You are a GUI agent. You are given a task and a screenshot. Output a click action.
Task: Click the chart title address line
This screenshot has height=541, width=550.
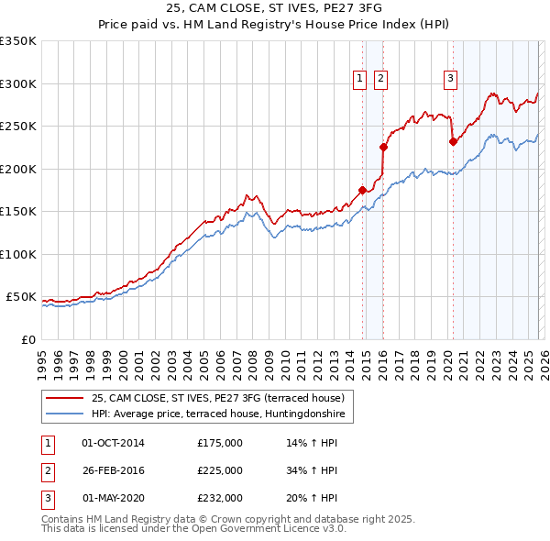tap(275, 7)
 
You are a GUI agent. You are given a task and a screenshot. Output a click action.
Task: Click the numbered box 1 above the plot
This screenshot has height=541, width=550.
tap(359, 80)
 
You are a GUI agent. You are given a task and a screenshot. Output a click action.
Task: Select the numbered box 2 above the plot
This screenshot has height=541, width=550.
tap(379, 80)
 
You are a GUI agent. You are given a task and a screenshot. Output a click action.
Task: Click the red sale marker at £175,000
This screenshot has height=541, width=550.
tap(362, 190)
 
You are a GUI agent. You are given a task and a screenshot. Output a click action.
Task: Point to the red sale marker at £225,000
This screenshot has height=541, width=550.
tap(384, 147)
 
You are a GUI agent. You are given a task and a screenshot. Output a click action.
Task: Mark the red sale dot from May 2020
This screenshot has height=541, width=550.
tap(453, 141)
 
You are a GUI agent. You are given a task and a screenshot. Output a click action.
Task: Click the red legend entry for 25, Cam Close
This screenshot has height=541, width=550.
tap(217, 398)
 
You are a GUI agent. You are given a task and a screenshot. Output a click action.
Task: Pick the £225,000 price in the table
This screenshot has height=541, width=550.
tap(220, 470)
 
